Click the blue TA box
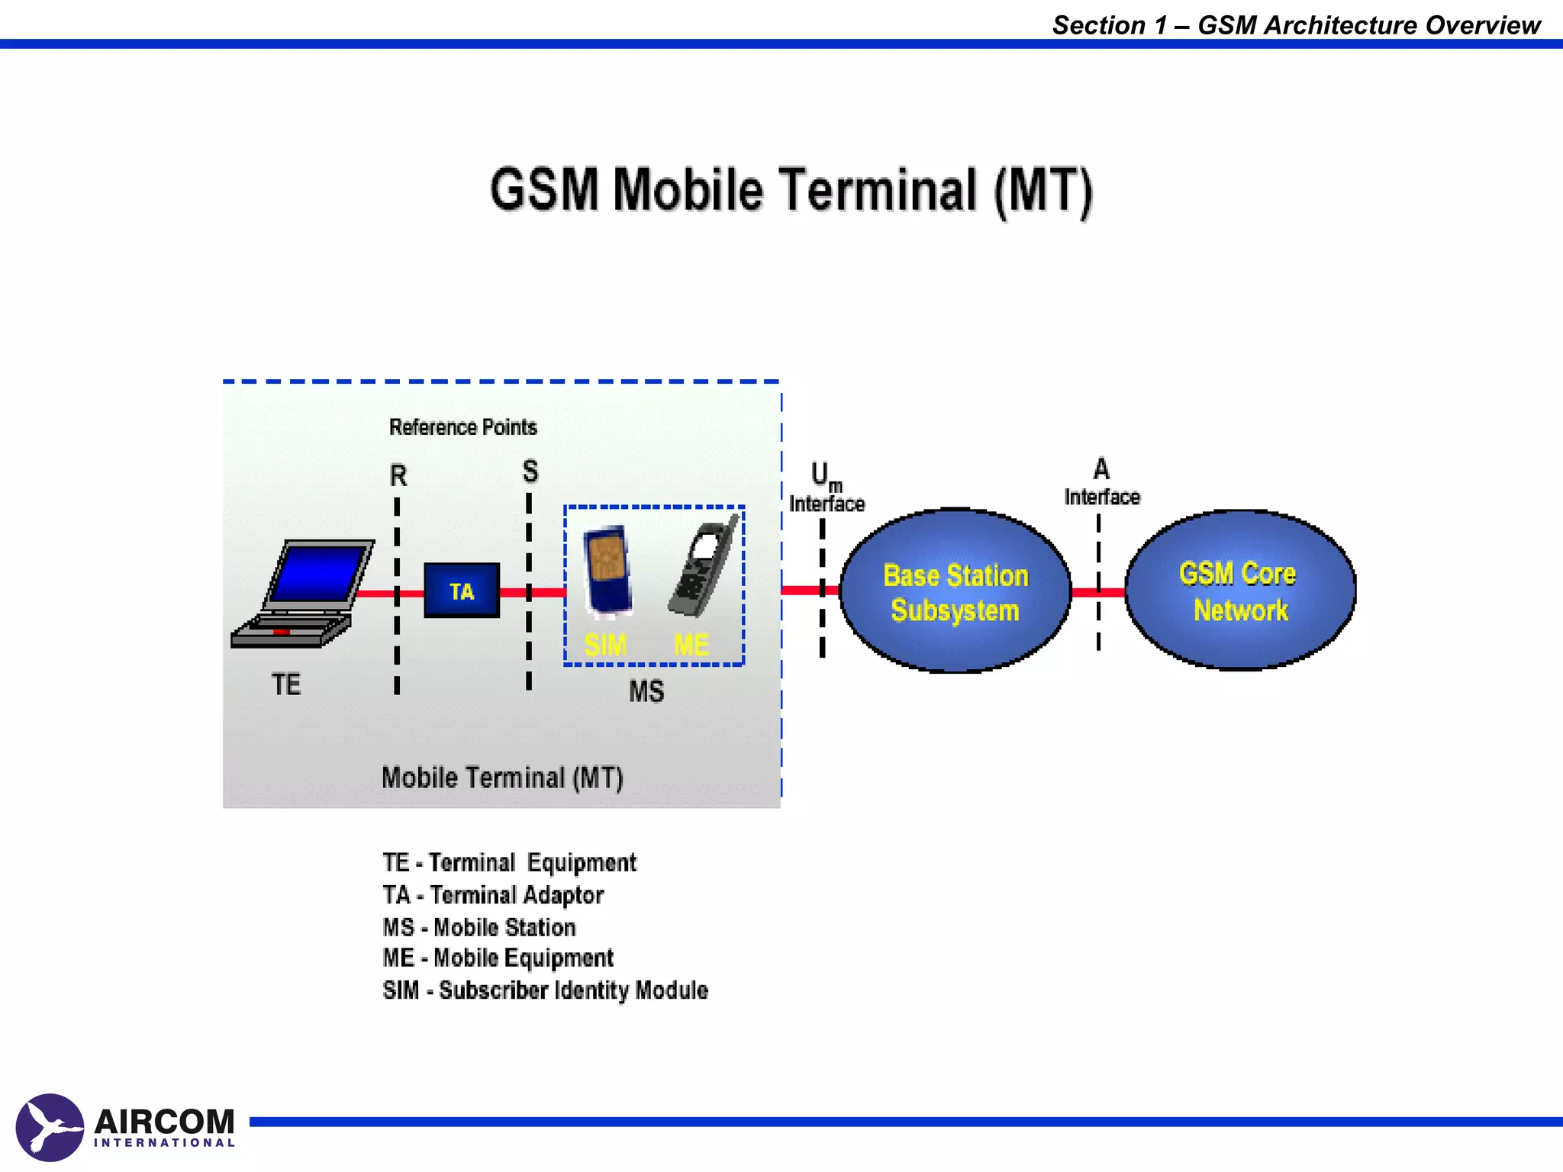[x=462, y=591]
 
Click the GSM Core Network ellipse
[x=1239, y=591]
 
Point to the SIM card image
[x=607, y=569]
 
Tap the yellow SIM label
[x=605, y=646]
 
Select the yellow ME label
[x=691, y=646]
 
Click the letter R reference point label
[x=398, y=476]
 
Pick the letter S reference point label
[x=530, y=472]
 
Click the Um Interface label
[x=827, y=488]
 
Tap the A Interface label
[x=1101, y=483]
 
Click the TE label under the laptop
[x=286, y=684]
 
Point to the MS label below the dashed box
[x=646, y=692]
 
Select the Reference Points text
[x=462, y=427]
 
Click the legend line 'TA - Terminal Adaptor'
[x=493, y=895]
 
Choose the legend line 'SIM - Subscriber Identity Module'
[x=545, y=990]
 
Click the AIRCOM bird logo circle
[x=50, y=1128]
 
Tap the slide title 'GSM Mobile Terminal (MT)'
[x=791, y=191]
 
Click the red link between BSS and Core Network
[x=1097, y=592]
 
